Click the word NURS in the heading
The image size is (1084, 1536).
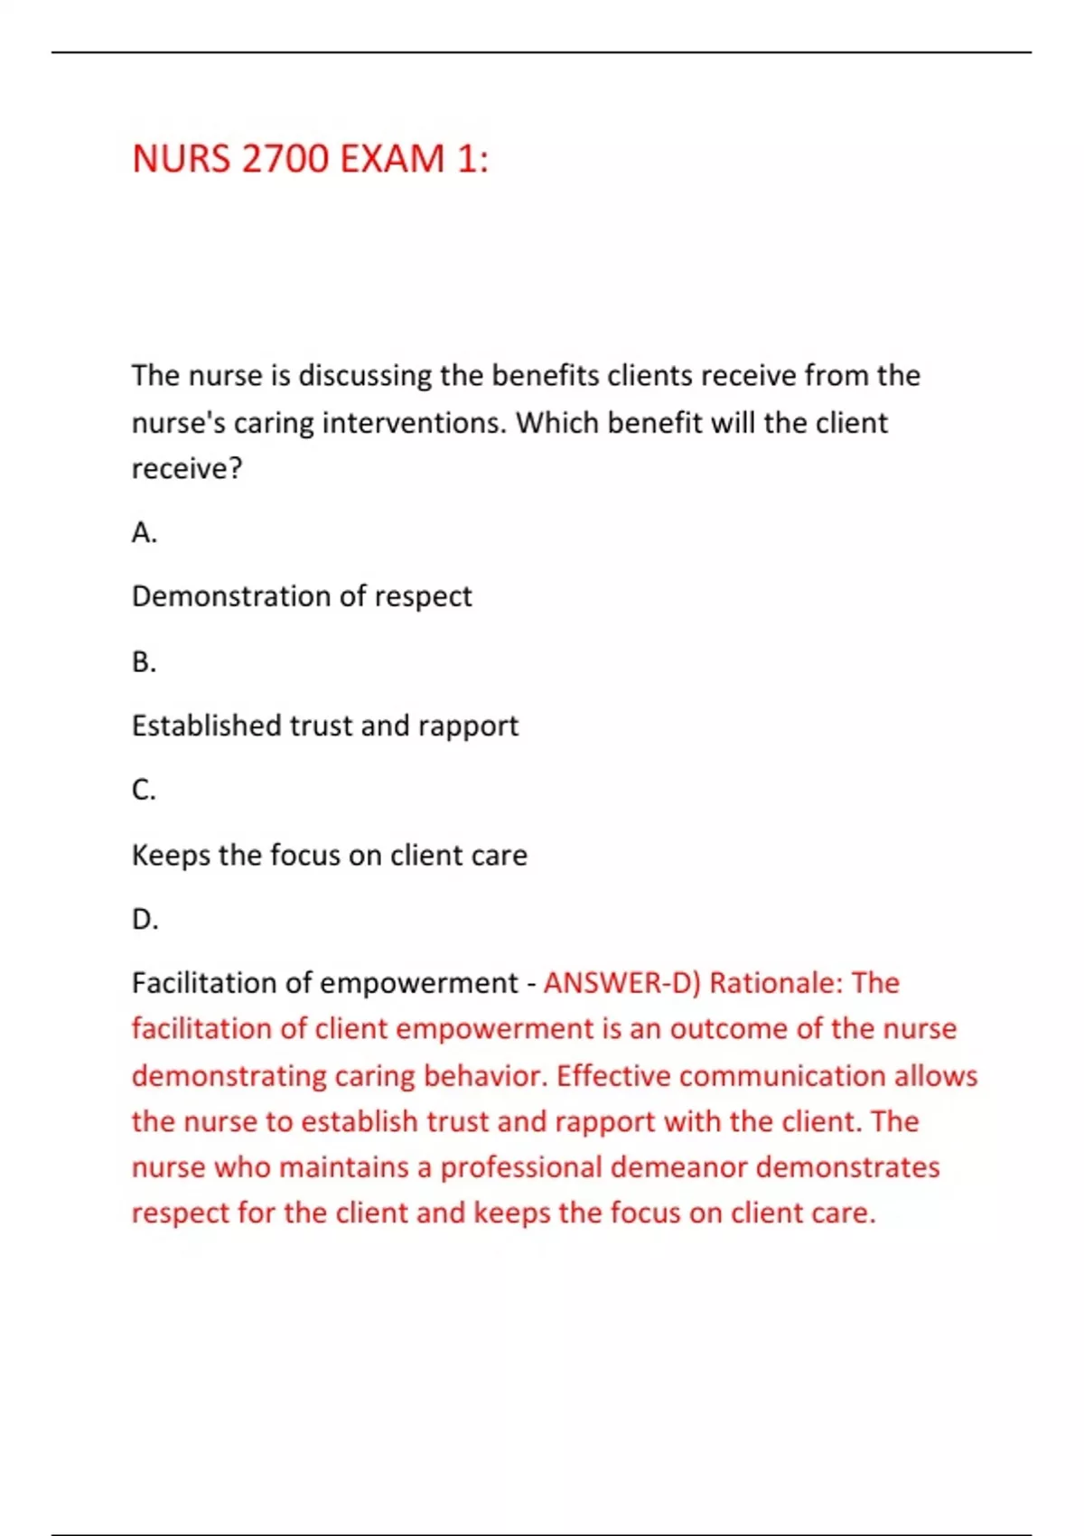tap(181, 159)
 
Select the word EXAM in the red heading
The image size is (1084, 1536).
tap(392, 159)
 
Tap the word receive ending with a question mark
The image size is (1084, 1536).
tap(186, 469)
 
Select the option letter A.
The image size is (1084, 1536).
tap(144, 533)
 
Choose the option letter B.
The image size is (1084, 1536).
tap(144, 662)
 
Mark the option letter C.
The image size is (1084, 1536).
tap(144, 791)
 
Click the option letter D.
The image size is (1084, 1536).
tap(145, 920)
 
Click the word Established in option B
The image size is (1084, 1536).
tap(207, 726)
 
